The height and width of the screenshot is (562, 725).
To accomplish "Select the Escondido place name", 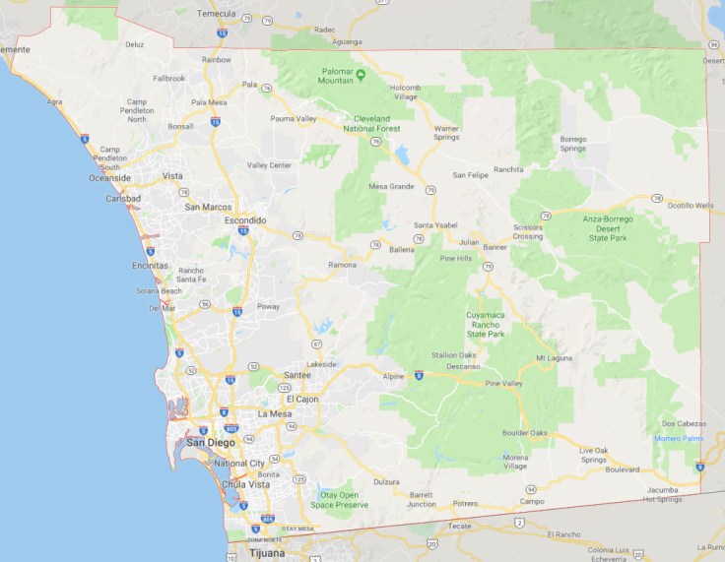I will pyautogui.click(x=245, y=220).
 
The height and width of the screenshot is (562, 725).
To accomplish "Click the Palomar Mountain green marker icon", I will pyautogui.click(x=361, y=74).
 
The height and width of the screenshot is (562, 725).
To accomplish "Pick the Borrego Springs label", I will pyautogui.click(x=573, y=145).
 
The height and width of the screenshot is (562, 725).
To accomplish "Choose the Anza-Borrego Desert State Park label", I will pyautogui.click(x=607, y=228).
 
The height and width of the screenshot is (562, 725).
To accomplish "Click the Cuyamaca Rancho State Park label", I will pyautogui.click(x=485, y=324).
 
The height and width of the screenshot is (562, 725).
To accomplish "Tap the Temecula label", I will pyautogui.click(x=217, y=14).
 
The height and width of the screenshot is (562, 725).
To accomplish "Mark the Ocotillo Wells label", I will pyautogui.click(x=690, y=205).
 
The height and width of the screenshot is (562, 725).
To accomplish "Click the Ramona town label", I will pyautogui.click(x=342, y=265).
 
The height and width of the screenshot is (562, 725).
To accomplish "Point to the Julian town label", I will pyautogui.click(x=469, y=241).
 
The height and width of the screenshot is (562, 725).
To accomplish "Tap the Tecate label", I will pyautogui.click(x=461, y=526).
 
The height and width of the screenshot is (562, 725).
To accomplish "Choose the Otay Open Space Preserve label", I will pyautogui.click(x=340, y=500).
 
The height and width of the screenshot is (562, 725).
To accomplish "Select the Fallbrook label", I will pyautogui.click(x=168, y=78).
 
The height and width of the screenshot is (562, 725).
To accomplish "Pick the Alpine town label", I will pyautogui.click(x=394, y=375).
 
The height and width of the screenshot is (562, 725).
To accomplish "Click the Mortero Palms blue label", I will pyautogui.click(x=677, y=438).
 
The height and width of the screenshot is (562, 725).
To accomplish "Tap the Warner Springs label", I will pyautogui.click(x=446, y=132).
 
